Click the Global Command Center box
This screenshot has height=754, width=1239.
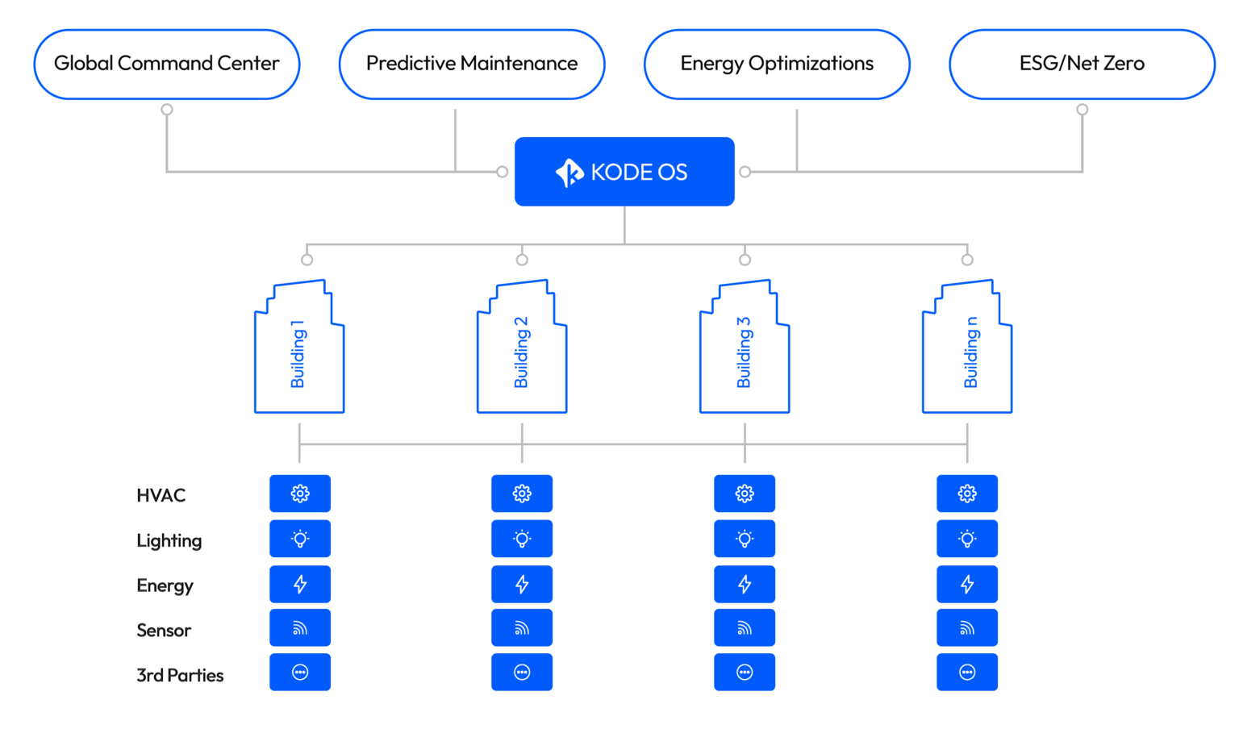(167, 65)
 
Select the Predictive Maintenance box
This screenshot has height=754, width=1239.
(472, 65)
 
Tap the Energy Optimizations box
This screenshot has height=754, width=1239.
(777, 65)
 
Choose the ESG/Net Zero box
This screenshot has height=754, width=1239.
(1082, 65)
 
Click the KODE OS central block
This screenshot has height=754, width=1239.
(624, 172)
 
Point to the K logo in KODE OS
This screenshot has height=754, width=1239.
(569, 173)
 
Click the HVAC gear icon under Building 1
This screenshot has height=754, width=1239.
(300, 494)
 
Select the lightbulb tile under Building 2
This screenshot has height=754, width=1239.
(522, 539)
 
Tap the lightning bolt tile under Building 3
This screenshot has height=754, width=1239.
(745, 584)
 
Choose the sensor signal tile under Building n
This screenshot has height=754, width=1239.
(967, 628)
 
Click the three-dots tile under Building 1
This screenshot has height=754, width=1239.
(300, 673)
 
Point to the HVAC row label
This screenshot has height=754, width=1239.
(161, 495)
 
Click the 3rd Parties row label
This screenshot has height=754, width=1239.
(180, 675)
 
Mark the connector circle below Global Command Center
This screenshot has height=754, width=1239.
(167, 110)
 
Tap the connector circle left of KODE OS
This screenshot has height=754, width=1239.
(503, 172)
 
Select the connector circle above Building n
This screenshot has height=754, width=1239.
(967, 260)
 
